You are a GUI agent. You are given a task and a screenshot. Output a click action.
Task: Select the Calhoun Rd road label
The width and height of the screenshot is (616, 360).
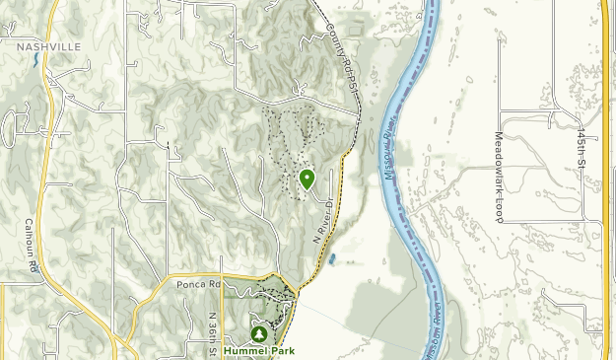33,245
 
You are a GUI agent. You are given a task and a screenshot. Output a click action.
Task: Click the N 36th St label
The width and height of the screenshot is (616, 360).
211,335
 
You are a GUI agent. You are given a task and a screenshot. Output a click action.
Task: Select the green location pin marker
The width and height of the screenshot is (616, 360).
307,179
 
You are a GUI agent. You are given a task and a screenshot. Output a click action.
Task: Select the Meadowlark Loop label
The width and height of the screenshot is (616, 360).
499,178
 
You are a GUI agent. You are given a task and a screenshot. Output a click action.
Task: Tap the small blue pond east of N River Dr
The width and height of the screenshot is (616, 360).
333,260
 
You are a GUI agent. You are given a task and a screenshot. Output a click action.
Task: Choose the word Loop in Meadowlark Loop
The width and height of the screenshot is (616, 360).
499,211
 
